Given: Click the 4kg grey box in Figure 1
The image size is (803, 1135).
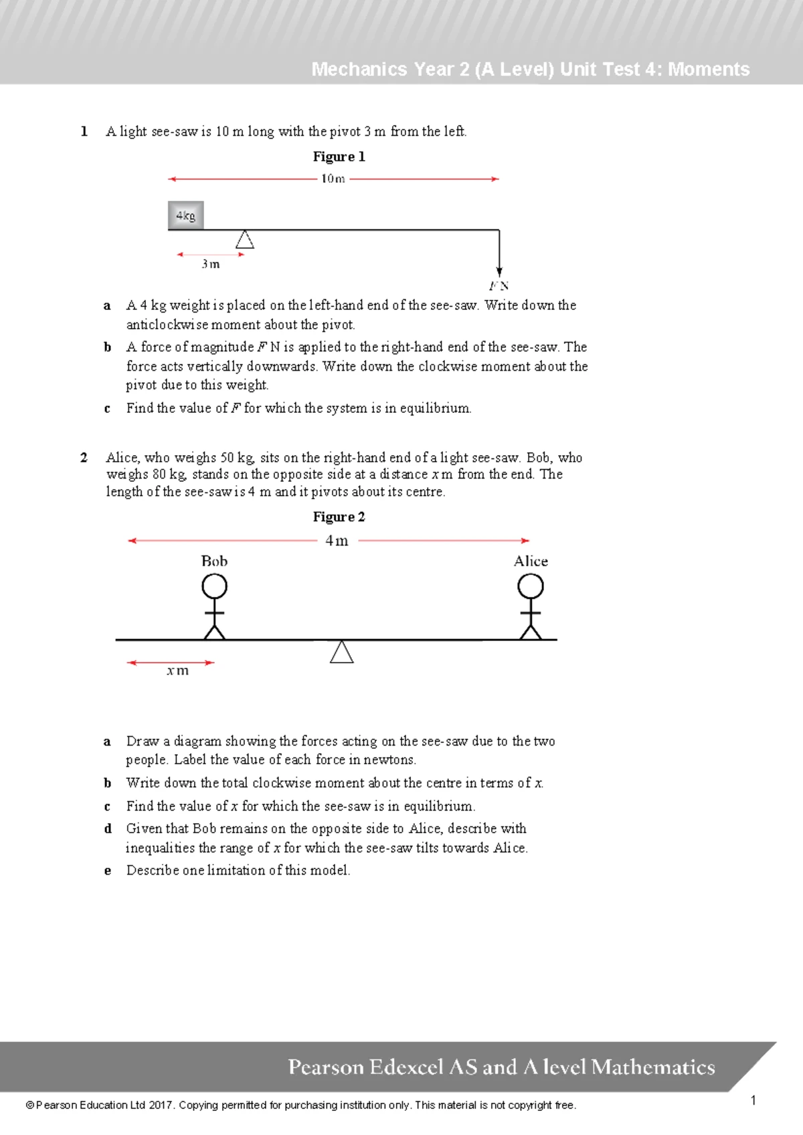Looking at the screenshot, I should (185, 215).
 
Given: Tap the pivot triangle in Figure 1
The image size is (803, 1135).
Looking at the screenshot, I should (245, 240).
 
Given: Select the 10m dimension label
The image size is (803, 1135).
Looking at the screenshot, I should (333, 179).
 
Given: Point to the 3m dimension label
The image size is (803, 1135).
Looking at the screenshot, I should (211, 264).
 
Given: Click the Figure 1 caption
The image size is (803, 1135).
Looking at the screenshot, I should (339, 157).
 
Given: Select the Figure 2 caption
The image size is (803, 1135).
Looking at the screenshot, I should (339, 517).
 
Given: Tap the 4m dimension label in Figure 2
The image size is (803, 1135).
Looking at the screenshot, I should (337, 541).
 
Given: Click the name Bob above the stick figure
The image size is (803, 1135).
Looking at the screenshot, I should (214, 561).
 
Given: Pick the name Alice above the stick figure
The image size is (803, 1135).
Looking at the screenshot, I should (531, 561).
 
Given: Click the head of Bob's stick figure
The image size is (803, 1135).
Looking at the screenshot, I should (214, 587).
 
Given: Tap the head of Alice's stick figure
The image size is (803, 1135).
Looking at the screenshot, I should (531, 587).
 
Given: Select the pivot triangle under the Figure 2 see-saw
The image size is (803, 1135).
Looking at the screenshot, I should (341, 652).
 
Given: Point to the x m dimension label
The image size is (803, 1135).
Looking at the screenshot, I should (178, 671).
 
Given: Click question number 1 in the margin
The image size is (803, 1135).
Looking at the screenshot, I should (84, 131).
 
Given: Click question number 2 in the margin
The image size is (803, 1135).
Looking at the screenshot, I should (84, 458).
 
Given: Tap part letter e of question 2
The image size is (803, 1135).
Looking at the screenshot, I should (107, 871).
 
